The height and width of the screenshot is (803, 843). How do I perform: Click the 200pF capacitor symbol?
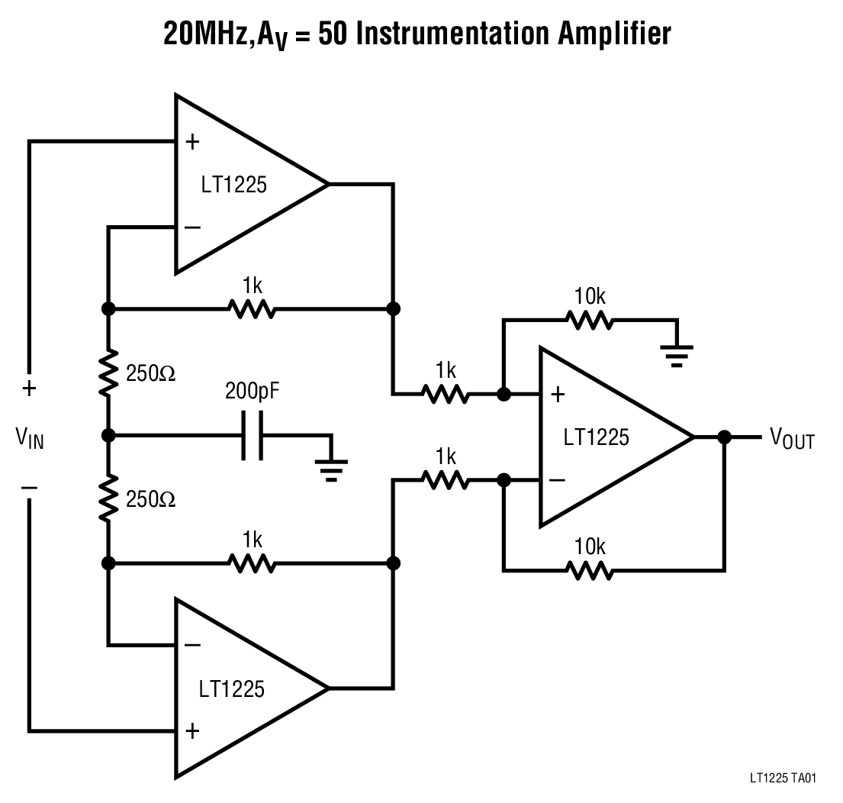pos(252,436)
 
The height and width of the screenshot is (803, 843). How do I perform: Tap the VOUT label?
pos(792,439)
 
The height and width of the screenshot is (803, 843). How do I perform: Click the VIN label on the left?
pos(29,438)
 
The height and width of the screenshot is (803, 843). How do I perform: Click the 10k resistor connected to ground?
pos(588,321)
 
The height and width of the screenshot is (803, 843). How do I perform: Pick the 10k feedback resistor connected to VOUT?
pos(588,569)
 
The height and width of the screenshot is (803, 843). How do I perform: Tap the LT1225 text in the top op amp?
pos(233,185)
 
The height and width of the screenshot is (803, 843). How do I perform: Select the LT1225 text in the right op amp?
pos(597,437)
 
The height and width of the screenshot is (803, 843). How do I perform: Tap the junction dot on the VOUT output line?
pos(724,437)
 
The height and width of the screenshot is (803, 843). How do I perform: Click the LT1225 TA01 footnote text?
pos(783,779)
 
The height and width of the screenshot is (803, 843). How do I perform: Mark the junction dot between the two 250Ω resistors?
pos(108,436)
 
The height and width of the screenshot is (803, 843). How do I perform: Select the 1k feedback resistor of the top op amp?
pos(251,309)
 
